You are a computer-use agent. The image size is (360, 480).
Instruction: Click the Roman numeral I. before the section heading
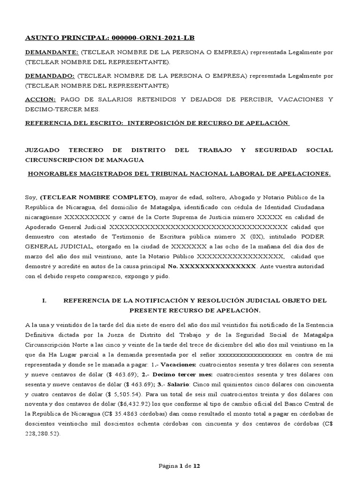[45, 300]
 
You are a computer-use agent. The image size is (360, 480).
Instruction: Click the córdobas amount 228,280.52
[41, 434]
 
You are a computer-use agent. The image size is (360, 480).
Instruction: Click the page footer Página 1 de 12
[180, 466]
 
